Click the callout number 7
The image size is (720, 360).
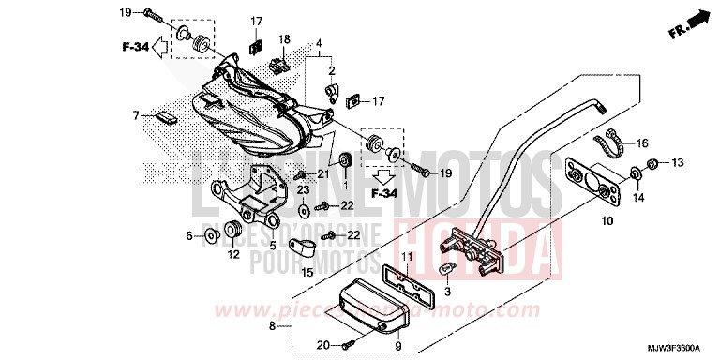[135, 115]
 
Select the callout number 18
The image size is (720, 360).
[284, 38]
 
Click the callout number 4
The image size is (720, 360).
[319, 44]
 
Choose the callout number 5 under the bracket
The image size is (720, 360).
[272, 246]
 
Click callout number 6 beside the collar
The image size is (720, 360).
[188, 234]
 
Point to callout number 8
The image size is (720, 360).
[272, 326]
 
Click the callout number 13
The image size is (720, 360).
[678, 162]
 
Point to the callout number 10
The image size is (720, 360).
[607, 221]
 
